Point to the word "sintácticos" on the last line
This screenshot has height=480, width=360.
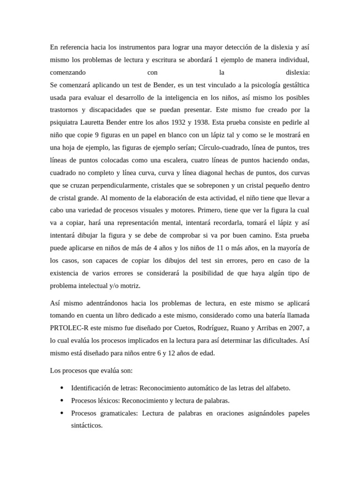tap(86, 426)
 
